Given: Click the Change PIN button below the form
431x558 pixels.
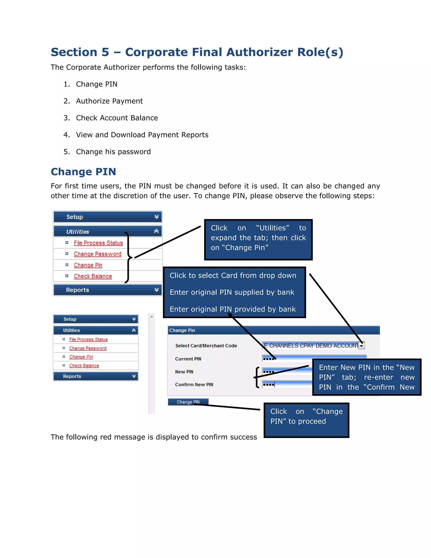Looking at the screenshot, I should pyautogui.click(x=188, y=402).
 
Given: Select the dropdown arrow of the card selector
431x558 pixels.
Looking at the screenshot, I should pyautogui.click(x=362, y=346).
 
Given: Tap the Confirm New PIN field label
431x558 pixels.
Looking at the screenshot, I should pyautogui.click(x=194, y=384).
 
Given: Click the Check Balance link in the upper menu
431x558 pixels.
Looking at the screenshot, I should pyautogui.click(x=93, y=276).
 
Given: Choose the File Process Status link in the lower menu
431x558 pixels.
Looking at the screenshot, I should pyautogui.click(x=88, y=339).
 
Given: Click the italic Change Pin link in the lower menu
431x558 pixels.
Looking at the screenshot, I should pyautogui.click(x=81, y=357).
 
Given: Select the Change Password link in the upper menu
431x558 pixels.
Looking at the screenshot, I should pyautogui.click(x=97, y=254).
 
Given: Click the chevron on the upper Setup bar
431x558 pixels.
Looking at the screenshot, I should pyautogui.click(x=157, y=217).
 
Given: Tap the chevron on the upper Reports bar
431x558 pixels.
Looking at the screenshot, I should pyautogui.click(x=157, y=290).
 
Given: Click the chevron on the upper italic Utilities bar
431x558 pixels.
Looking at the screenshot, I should pyautogui.click(x=156, y=231).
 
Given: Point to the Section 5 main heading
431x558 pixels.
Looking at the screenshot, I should pyautogui.click(x=197, y=52).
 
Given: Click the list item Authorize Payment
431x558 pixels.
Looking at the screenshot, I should pyautogui.click(x=109, y=101).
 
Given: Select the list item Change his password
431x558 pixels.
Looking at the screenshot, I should pyautogui.click(x=113, y=152).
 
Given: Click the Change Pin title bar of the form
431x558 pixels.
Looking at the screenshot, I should pyautogui.click(x=273, y=330).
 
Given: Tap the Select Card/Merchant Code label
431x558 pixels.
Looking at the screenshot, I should pyautogui.click(x=206, y=346).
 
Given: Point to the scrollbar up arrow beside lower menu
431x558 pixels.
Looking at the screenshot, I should pyautogui.click(x=152, y=316).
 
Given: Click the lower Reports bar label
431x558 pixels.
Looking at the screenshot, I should pyautogui.click(x=72, y=376).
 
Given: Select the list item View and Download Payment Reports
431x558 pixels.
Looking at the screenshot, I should pyautogui.click(x=142, y=135).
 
